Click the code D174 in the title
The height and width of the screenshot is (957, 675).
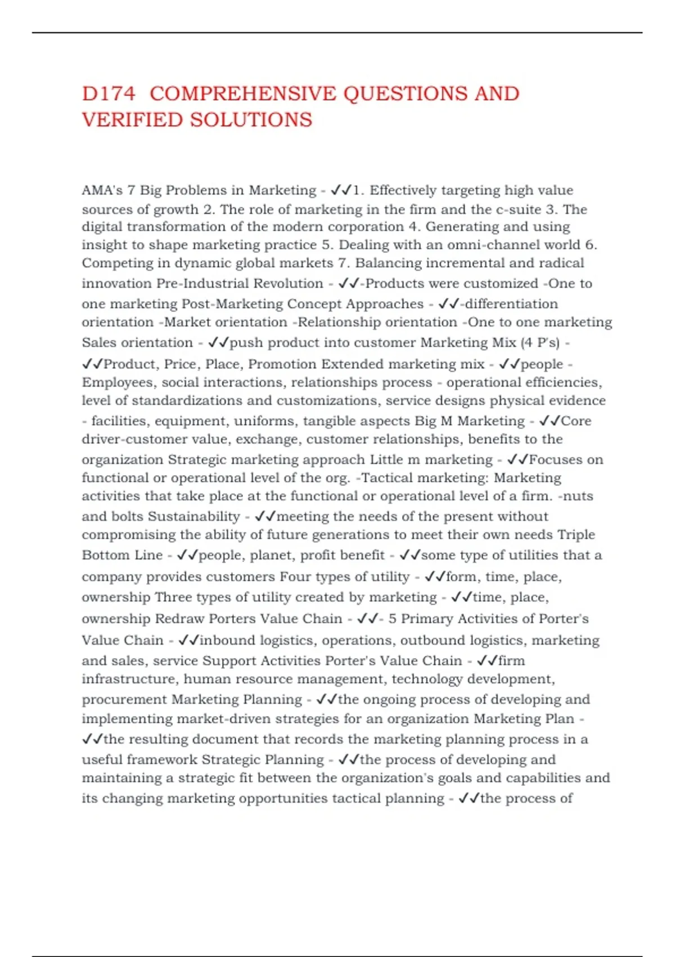[109, 93]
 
